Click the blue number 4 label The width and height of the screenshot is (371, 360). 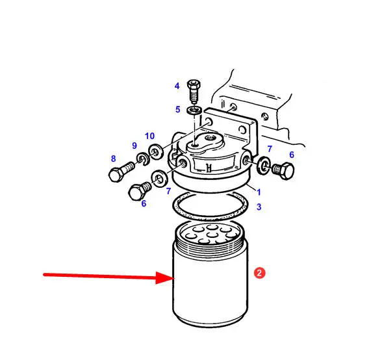point(177,86)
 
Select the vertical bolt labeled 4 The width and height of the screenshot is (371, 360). point(194,92)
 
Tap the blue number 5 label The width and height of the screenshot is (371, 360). point(177,109)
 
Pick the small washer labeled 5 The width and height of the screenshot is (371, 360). point(194,110)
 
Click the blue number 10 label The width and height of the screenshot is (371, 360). point(150,136)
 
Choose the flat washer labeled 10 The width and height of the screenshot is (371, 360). point(155,151)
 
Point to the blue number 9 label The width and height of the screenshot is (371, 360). point(134,146)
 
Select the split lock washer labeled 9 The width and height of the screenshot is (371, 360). point(143,159)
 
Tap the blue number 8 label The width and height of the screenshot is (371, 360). point(113,159)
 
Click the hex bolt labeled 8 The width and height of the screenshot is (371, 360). point(122,172)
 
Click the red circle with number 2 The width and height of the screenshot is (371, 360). point(259,273)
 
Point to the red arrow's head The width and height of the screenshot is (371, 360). point(166,278)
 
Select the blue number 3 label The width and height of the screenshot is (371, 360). point(259,207)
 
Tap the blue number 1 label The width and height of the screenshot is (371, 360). point(259,192)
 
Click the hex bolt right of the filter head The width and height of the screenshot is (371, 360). point(283,170)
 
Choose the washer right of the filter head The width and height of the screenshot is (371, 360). point(264,165)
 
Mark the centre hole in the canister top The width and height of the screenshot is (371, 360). point(212,235)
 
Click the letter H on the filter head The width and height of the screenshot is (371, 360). point(209,168)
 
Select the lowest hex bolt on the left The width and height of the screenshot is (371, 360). point(140,191)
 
